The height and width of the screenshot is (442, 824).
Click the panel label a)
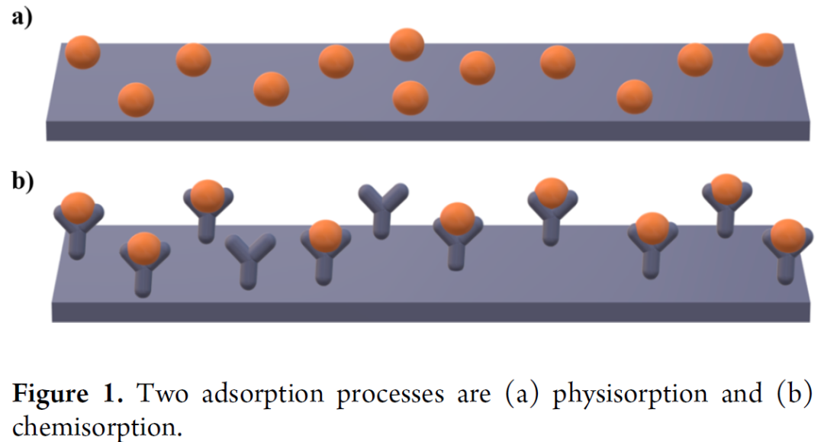pyautogui.click(x=22, y=18)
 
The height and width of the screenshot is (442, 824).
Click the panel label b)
pyautogui.click(x=23, y=182)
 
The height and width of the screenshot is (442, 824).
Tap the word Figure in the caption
pyautogui.click(x=50, y=394)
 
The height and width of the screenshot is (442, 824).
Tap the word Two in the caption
pyautogui.click(x=163, y=394)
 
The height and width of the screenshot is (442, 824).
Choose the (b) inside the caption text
pyautogui.click(x=793, y=394)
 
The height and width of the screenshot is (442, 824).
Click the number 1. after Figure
pyautogui.click(x=113, y=394)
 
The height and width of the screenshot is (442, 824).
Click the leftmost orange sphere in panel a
pyautogui.click(x=82, y=52)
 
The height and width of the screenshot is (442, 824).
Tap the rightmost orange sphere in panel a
pyautogui.click(x=766, y=50)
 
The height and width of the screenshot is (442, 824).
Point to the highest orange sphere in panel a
pyautogui.click(x=407, y=45)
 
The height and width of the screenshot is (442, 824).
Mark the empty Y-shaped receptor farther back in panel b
pyautogui.click(x=382, y=209)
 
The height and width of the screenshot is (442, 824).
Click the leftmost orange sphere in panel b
pyautogui.click(x=78, y=208)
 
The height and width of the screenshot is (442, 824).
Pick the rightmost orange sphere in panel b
pyautogui.click(x=787, y=236)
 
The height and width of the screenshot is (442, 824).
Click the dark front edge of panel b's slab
pyautogui.click(x=430, y=312)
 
